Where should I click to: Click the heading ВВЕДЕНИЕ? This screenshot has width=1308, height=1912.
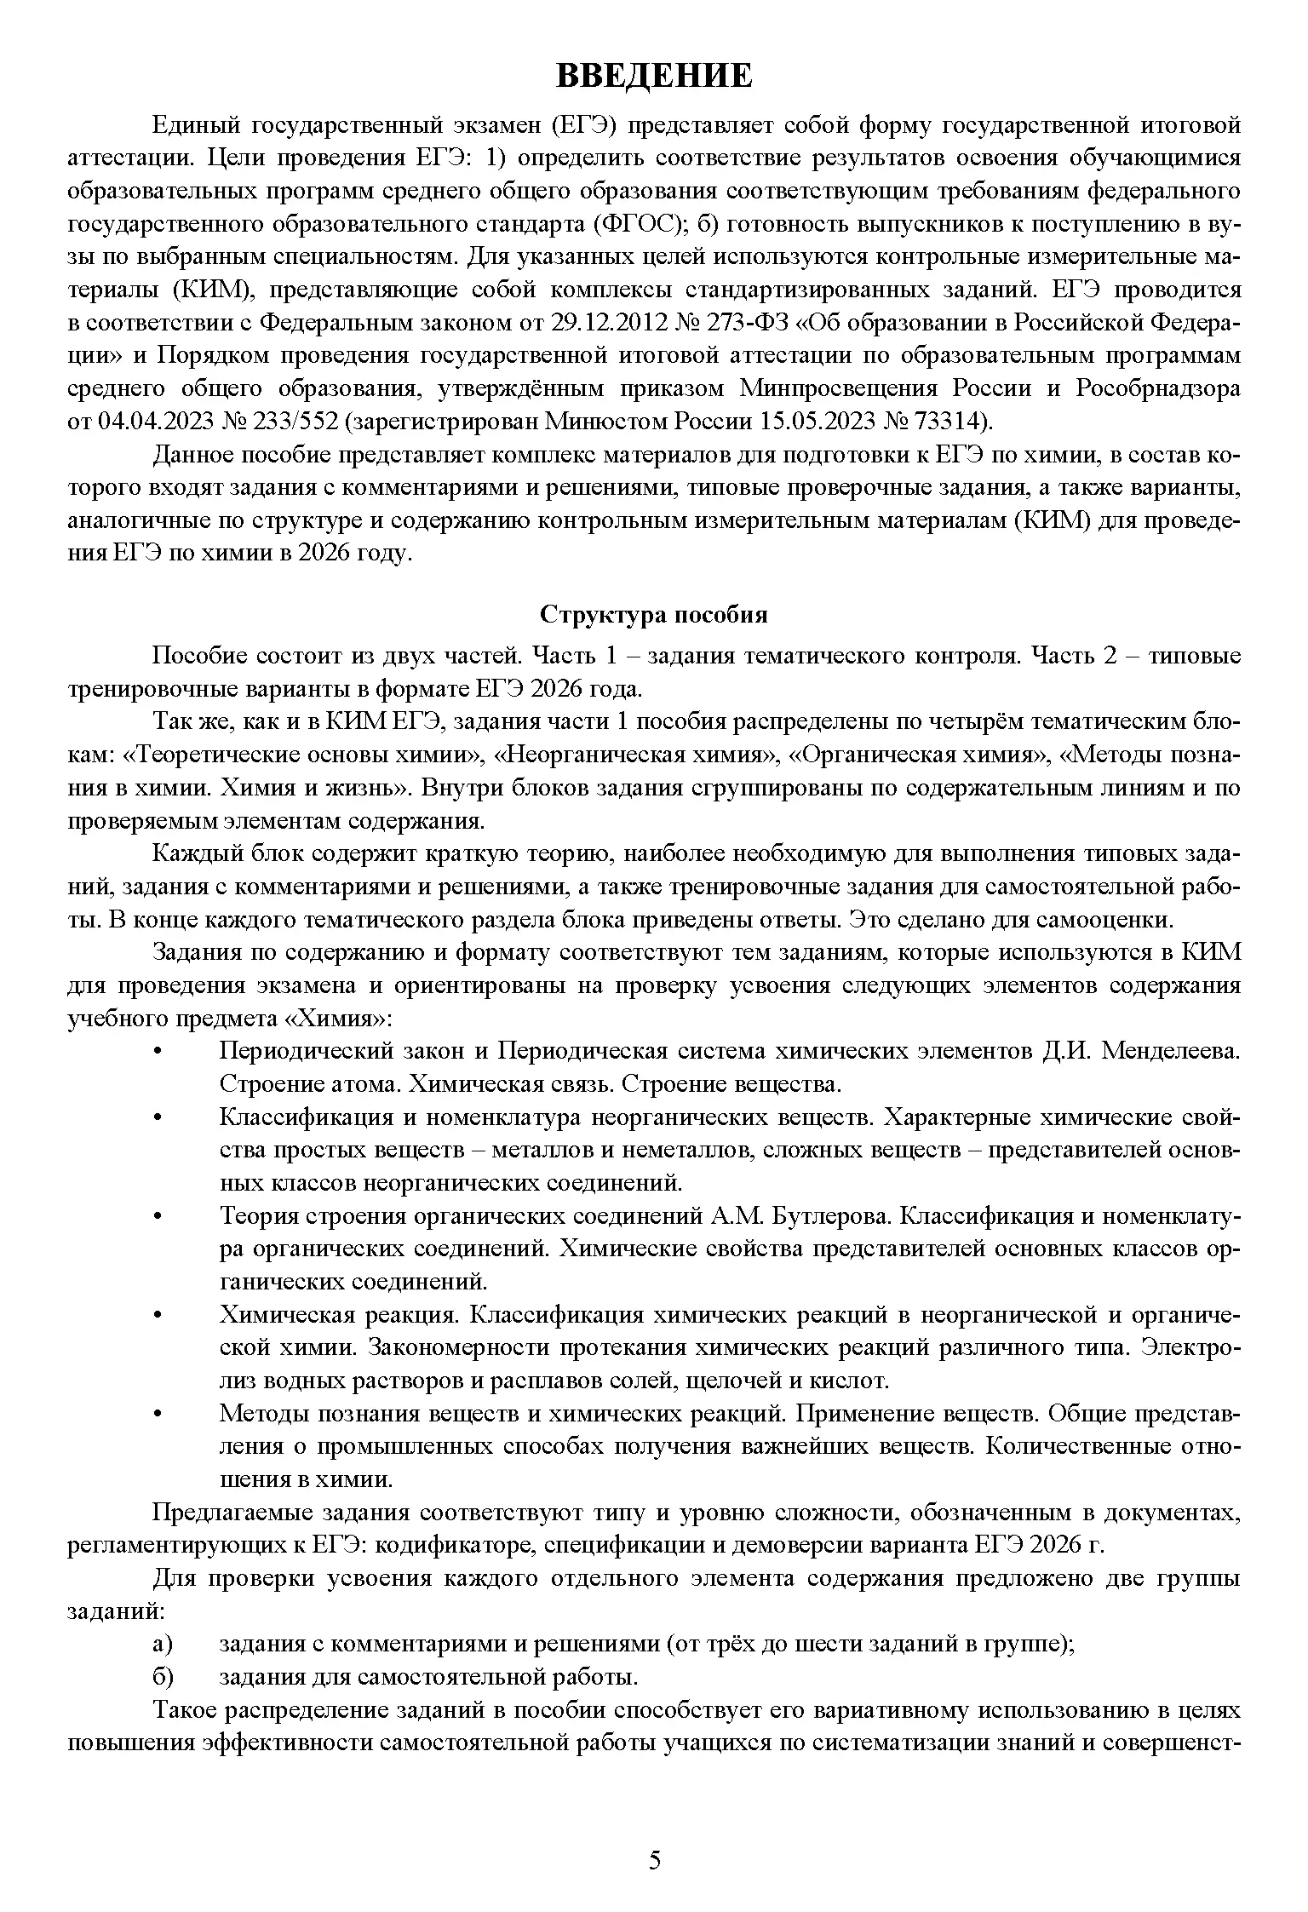point(654,75)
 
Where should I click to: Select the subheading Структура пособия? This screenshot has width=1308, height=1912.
point(654,614)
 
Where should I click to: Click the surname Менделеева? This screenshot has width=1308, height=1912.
point(1171,1051)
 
